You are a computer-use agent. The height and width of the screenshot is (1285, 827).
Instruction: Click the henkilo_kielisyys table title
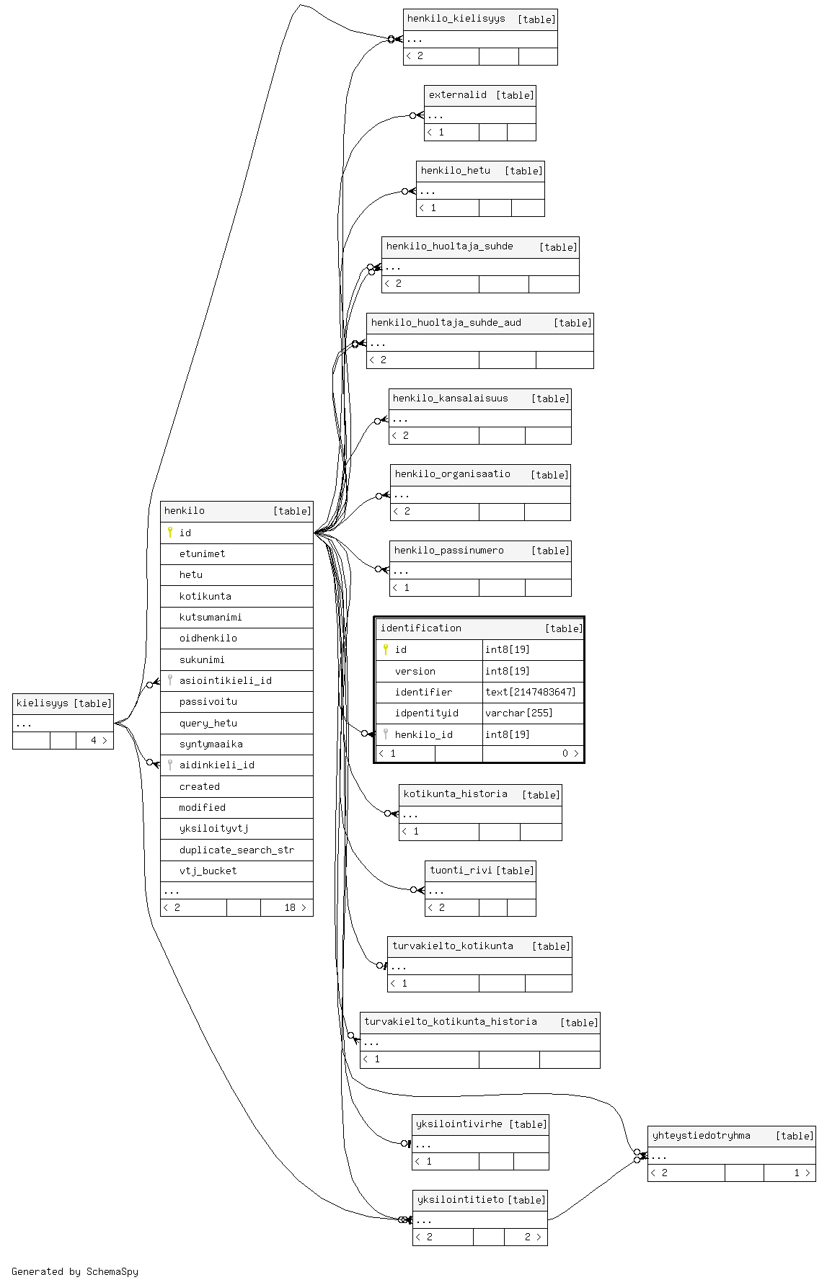456,19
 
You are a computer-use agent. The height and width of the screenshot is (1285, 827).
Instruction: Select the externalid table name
457,94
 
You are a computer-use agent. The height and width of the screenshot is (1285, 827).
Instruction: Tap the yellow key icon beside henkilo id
170,533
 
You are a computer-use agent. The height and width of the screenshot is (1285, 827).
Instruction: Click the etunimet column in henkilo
202,553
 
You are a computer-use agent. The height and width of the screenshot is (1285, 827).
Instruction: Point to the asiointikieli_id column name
225,680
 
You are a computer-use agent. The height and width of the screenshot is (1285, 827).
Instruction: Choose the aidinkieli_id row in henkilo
216,765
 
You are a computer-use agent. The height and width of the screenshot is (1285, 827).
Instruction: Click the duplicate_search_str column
236,850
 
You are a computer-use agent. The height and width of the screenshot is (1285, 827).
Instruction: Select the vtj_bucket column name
208,871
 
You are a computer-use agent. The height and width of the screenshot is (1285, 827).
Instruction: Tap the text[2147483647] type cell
531,692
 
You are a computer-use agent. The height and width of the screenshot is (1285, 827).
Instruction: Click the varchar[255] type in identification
518,713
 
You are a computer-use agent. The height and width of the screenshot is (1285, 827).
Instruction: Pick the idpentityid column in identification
426,713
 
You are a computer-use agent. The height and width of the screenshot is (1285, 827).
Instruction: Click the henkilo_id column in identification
423,734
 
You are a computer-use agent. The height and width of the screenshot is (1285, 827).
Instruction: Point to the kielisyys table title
43,703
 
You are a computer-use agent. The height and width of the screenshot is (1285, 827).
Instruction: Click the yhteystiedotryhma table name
701,1135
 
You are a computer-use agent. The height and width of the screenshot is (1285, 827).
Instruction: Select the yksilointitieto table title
460,1199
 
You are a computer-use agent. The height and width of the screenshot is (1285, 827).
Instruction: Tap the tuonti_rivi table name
461,870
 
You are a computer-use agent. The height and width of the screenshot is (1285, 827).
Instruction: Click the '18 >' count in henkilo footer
295,907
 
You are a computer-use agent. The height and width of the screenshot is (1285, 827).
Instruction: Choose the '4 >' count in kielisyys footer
98,740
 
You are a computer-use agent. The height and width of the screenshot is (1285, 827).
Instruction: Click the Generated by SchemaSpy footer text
75,1271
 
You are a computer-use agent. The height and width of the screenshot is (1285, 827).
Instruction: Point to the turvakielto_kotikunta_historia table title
450,1021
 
